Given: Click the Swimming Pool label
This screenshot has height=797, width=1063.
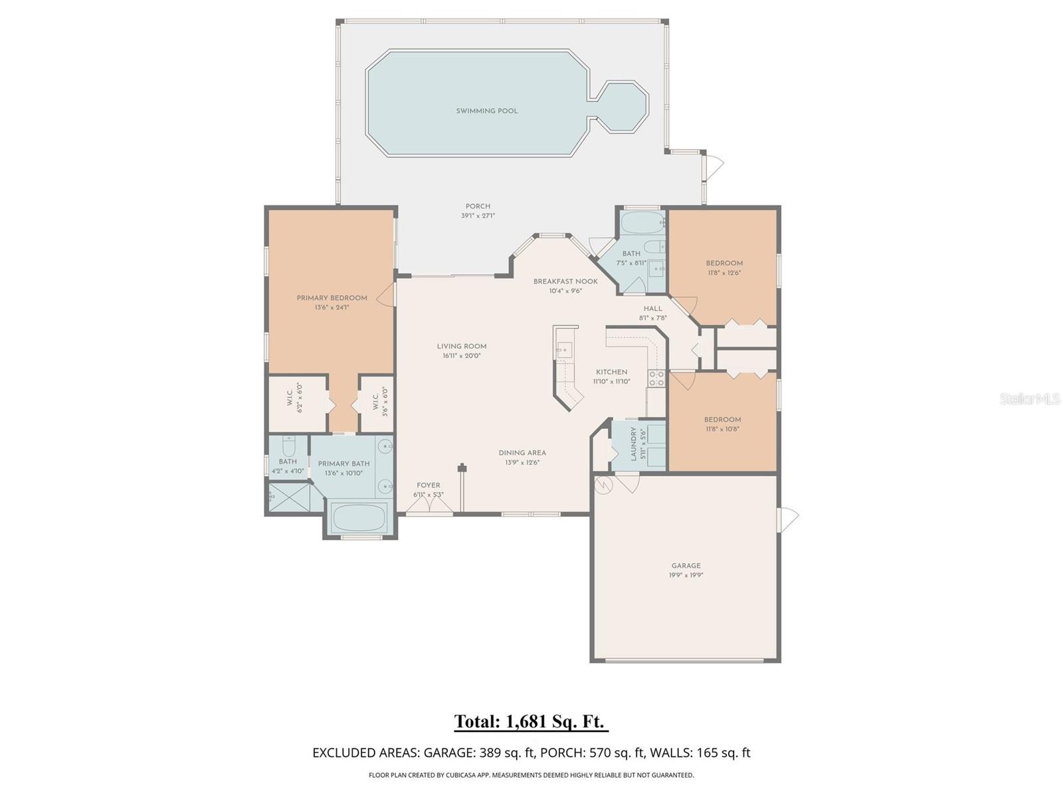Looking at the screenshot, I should click(x=486, y=111).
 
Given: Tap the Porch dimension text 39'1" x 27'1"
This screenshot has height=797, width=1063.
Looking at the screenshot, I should click(x=478, y=216).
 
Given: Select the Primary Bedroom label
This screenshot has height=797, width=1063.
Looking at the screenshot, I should click(x=332, y=298).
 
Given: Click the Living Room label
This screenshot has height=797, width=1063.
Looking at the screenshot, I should click(x=462, y=346).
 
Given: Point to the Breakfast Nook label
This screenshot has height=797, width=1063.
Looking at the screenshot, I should click(x=565, y=281).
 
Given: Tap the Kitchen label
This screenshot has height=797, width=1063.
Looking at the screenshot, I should click(x=611, y=372).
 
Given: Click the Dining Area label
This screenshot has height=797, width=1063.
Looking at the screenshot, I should click(x=522, y=453).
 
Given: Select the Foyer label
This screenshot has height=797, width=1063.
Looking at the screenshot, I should click(x=428, y=486).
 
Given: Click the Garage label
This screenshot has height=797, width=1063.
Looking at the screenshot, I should click(x=686, y=566).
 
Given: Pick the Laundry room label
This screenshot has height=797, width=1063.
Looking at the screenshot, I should click(x=634, y=444).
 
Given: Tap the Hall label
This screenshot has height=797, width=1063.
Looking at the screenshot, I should click(x=652, y=308).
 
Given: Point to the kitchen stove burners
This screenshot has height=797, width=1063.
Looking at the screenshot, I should click(x=656, y=379).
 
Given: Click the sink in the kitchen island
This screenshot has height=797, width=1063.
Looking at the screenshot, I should click(x=564, y=349).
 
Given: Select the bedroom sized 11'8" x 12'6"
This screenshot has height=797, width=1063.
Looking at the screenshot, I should click(x=724, y=267).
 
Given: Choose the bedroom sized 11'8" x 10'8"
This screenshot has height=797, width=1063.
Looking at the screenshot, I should click(x=722, y=424).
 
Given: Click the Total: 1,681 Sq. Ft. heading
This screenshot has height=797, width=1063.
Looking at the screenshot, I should click(x=531, y=721).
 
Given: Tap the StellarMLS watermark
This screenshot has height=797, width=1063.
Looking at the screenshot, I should click(x=1029, y=398).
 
